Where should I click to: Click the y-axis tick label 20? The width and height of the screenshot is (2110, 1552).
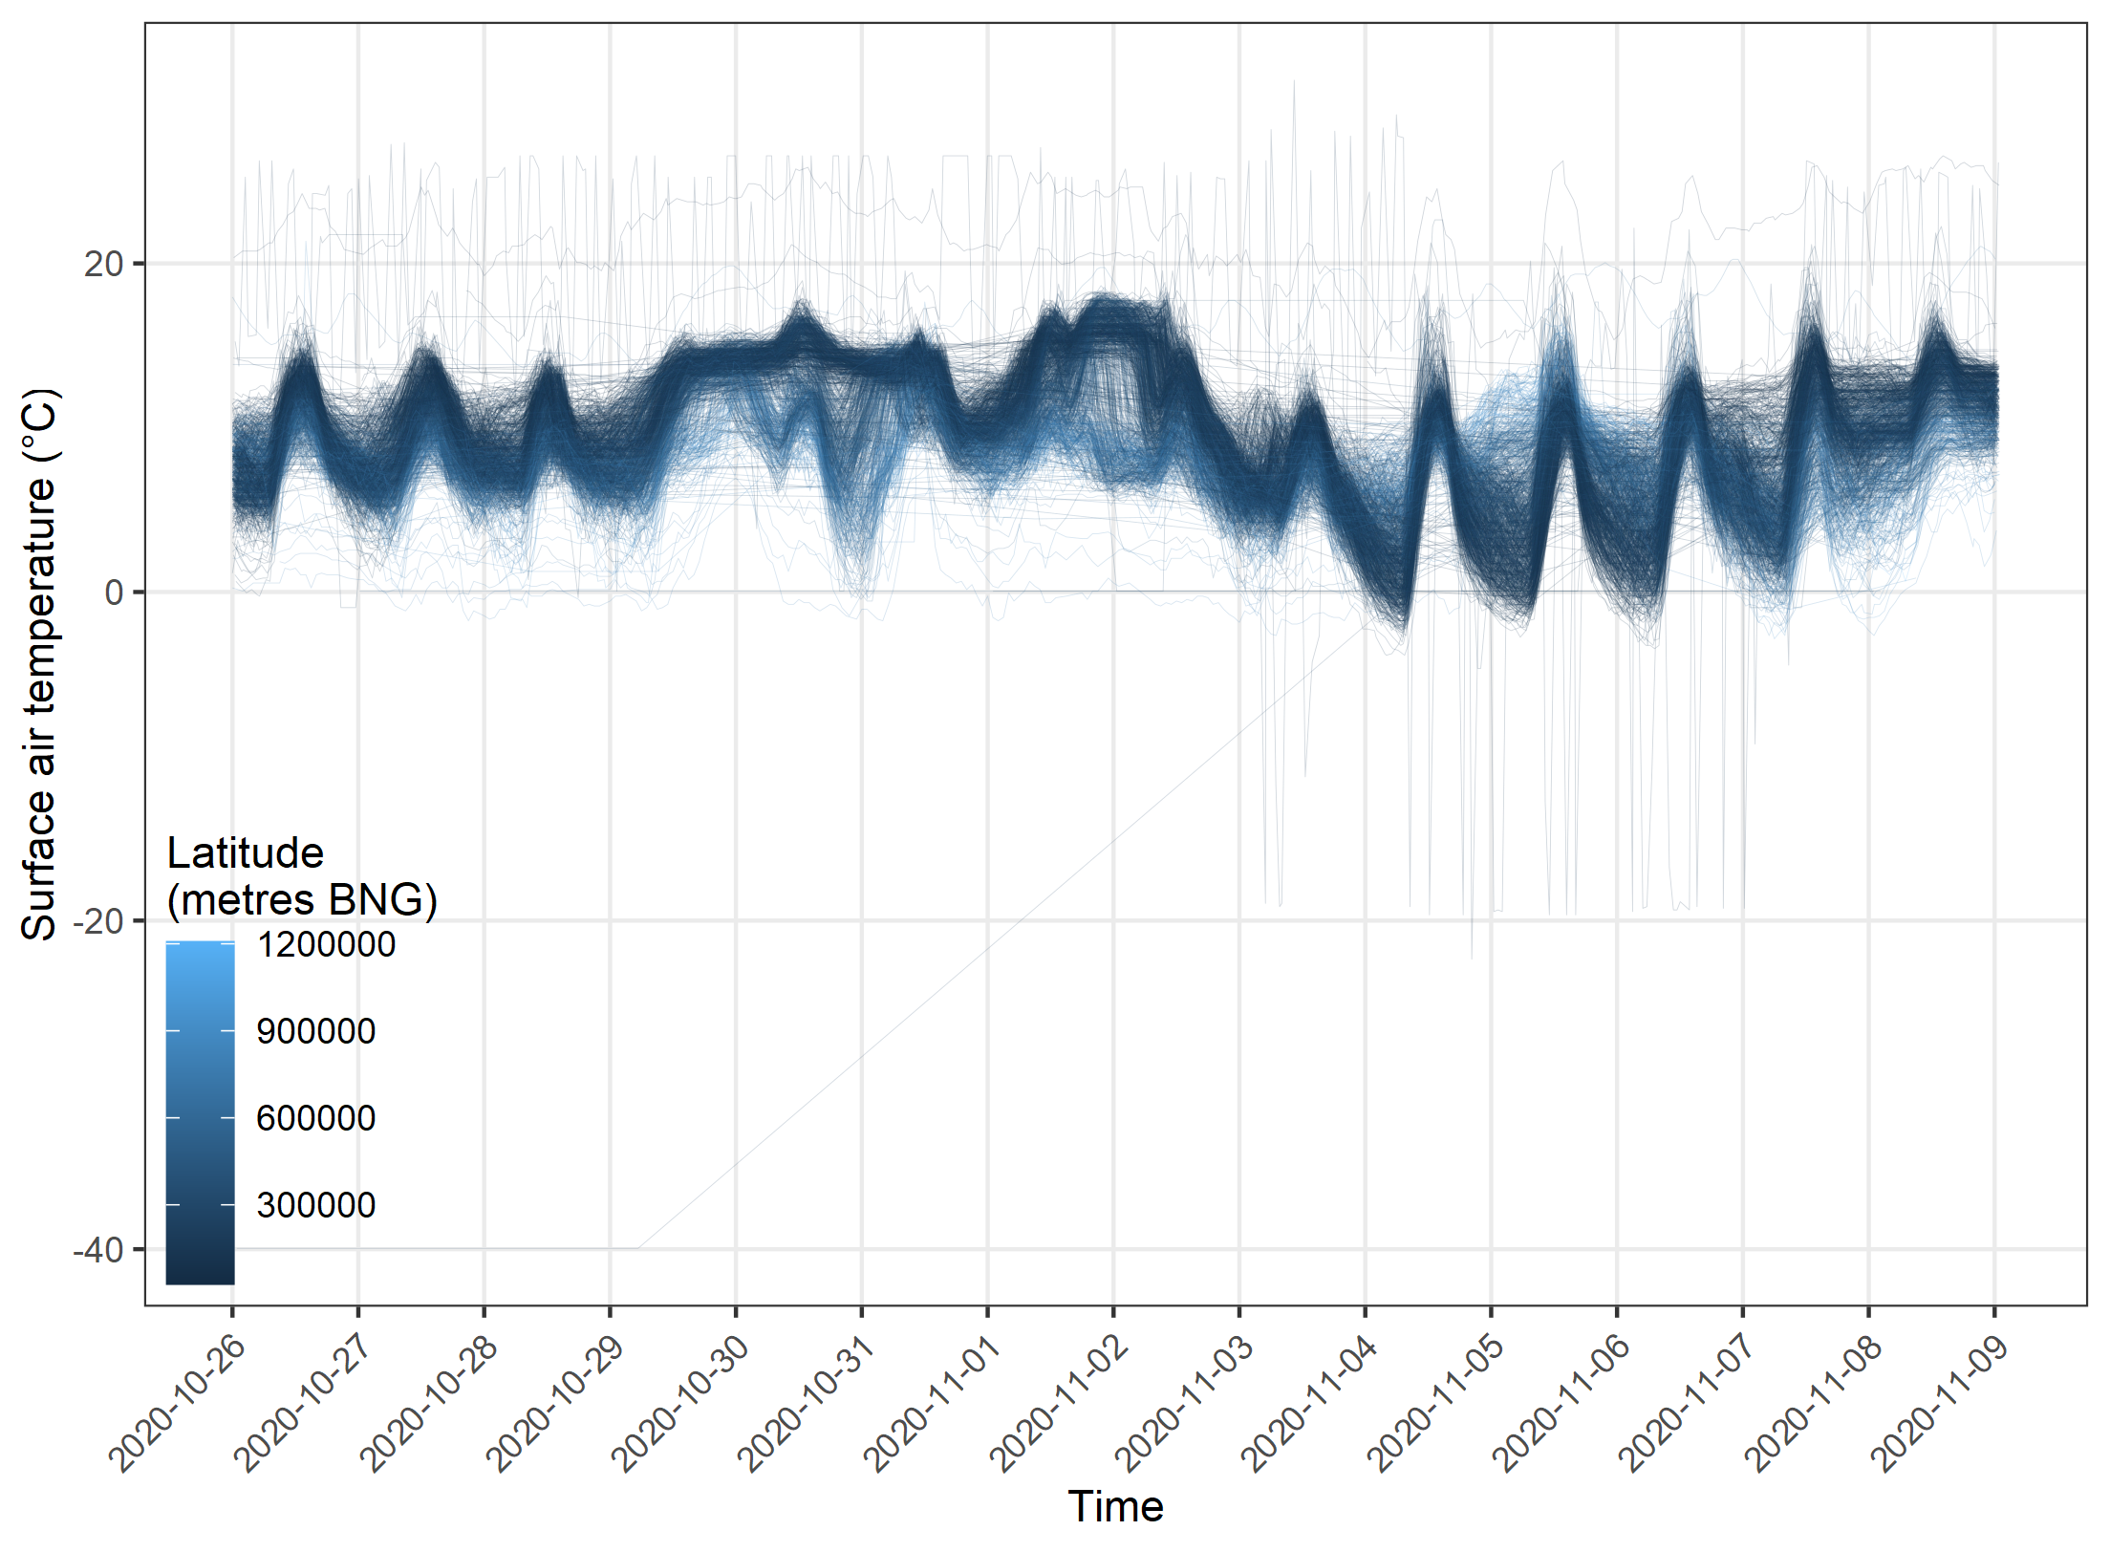pos(104,264)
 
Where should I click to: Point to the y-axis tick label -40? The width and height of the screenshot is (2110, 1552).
pos(98,1250)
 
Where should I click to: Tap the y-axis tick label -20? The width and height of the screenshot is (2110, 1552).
pos(98,921)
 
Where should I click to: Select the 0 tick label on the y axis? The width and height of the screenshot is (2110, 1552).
pos(114,593)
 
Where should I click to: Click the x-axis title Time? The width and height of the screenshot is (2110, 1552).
pos(1115,1507)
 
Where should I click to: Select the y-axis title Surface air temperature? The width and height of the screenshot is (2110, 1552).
pos(40,664)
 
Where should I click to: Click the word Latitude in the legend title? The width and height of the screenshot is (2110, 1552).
pos(246,852)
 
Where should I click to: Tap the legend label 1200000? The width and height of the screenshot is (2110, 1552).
pos(326,944)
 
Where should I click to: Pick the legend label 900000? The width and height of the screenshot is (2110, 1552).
pos(316,1031)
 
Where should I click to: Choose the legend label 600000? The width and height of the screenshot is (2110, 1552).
pos(316,1118)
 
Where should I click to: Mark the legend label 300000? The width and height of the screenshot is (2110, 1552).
pos(316,1205)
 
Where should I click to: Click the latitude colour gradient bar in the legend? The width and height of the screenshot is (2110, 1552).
pos(200,1112)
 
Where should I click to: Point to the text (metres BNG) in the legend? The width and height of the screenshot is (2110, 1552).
pos(302,899)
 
